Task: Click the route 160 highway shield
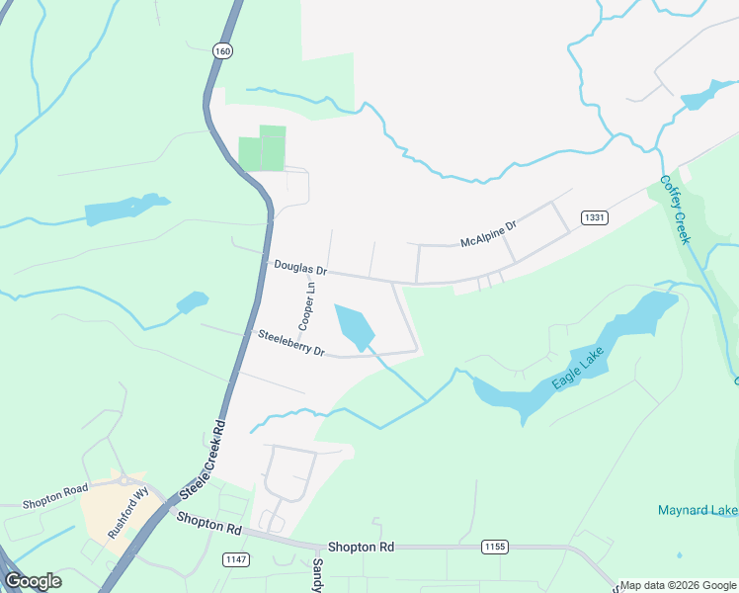tap(222, 50)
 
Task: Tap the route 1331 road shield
tap(595, 217)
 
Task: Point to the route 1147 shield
tap(237, 559)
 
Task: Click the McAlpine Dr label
tap(489, 235)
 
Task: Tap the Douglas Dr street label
tap(300, 267)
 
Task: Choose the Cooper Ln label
tap(306, 306)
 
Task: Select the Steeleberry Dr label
tap(291, 343)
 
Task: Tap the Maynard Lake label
tap(698, 510)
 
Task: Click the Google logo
tap(33, 581)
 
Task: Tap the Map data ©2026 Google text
tap(679, 585)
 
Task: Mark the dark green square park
tap(262, 148)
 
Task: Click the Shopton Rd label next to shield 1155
tap(361, 547)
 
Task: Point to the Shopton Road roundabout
tap(126, 481)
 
